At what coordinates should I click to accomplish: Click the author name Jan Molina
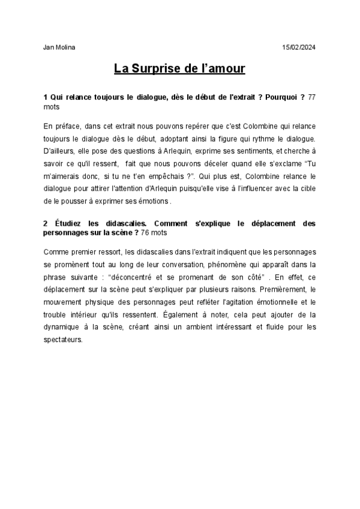(59, 47)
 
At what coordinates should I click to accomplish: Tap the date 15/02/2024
(298, 47)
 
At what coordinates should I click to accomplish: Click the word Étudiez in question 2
(65, 223)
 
